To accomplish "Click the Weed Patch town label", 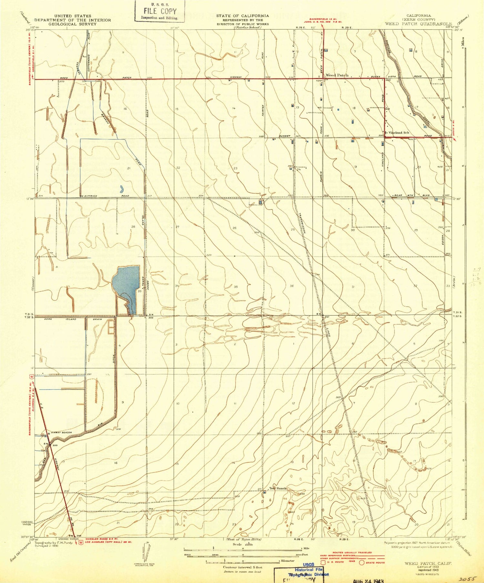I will point(337,75).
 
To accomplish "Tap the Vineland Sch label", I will point(399,133).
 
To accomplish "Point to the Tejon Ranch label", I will point(278,488).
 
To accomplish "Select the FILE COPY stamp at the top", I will point(160,12).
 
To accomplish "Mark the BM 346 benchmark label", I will point(73,536).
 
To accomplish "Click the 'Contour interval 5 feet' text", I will point(242,567).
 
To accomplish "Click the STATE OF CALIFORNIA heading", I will point(242,16).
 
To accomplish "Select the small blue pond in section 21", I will point(121,187).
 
